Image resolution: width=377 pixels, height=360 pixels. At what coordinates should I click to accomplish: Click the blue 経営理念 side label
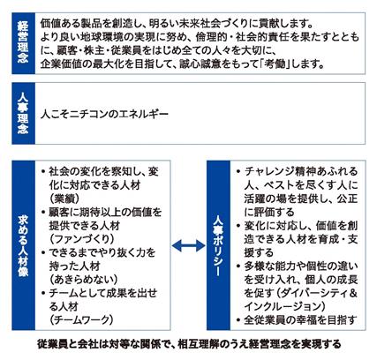23,43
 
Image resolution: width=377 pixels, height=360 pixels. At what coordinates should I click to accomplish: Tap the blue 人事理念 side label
23,113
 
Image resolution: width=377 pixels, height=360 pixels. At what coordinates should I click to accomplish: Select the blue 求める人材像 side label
23,245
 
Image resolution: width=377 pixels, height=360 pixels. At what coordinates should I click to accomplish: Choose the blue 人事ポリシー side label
218,245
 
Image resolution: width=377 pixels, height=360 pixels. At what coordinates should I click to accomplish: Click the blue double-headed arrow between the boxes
188,245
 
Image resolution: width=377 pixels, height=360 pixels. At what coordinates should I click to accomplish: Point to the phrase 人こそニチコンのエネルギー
104,114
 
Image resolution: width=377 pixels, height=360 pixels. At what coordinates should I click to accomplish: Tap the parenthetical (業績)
64,199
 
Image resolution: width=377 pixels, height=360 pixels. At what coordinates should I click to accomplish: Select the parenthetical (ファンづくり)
82,239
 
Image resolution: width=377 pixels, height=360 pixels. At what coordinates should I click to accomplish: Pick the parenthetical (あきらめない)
84,280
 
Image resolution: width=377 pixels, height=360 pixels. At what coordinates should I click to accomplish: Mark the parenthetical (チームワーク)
81,319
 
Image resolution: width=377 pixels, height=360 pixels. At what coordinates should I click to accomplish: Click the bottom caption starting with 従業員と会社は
189,344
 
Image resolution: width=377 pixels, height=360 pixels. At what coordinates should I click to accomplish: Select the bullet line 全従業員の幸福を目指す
300,319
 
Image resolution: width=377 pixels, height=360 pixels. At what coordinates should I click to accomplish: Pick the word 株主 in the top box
94,50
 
